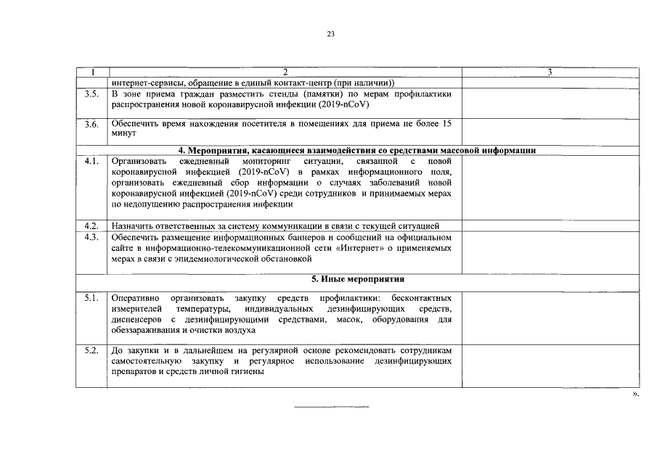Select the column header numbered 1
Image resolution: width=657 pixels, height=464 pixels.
click(92, 72)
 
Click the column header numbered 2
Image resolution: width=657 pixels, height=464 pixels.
click(285, 72)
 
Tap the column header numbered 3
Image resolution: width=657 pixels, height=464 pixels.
click(550, 72)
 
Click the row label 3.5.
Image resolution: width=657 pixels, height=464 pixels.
click(91, 94)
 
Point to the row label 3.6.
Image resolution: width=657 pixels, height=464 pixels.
click(91, 124)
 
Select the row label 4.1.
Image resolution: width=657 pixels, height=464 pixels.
click(91, 161)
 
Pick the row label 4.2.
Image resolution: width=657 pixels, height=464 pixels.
click(91, 226)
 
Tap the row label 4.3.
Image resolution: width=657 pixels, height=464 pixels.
click(91, 237)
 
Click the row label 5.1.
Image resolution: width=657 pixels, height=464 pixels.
click(91, 299)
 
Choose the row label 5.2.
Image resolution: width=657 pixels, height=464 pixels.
click(91, 351)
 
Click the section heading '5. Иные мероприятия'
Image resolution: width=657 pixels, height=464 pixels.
click(357, 279)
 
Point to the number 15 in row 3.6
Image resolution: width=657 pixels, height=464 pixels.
click(446, 124)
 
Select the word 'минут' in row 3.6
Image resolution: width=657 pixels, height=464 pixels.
click(123, 134)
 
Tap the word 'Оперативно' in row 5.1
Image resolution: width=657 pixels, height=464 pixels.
click(136, 299)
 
